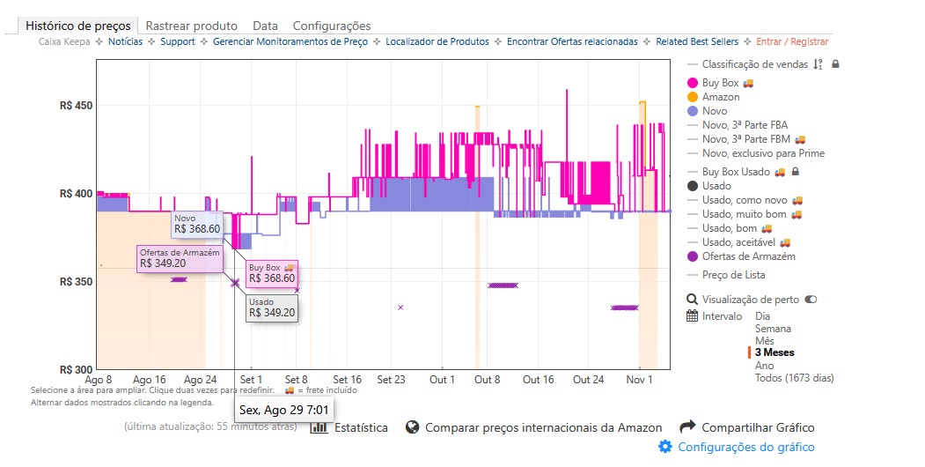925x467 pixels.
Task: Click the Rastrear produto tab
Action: click(x=191, y=26)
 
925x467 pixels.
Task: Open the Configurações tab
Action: click(x=332, y=26)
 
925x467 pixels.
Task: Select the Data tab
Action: click(x=265, y=26)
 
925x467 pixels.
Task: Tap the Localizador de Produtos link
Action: click(x=435, y=41)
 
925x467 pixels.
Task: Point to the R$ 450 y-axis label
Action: click(x=77, y=106)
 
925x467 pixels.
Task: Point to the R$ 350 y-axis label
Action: click(x=77, y=282)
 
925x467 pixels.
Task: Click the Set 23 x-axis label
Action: click(x=391, y=380)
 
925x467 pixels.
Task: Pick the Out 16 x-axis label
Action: click(x=538, y=380)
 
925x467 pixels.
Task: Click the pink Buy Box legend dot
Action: click(x=693, y=83)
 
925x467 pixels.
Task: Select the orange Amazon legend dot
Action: click(x=693, y=97)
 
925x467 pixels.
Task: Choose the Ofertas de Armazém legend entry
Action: click(x=748, y=256)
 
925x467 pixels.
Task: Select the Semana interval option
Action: click(x=773, y=329)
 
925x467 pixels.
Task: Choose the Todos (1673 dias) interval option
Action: click(x=794, y=378)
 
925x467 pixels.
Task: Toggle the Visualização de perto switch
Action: click(x=811, y=300)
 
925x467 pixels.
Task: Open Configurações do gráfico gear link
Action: click(x=745, y=447)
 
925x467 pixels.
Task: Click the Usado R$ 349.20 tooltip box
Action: click(x=272, y=307)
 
